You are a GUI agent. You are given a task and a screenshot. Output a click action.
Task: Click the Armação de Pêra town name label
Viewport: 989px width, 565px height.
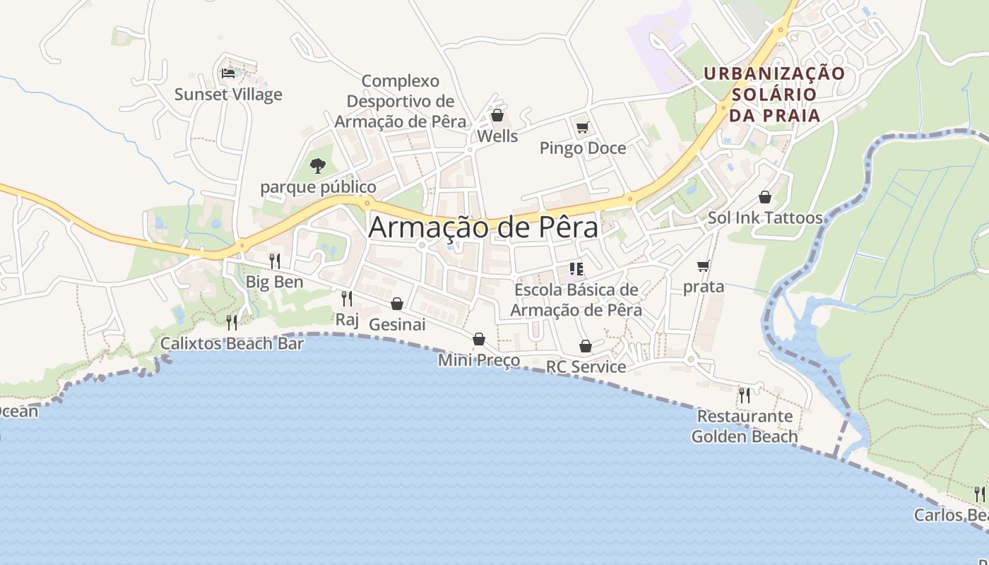tap(483, 227)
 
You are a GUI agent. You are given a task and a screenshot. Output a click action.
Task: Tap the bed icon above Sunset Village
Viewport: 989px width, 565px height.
tap(227, 73)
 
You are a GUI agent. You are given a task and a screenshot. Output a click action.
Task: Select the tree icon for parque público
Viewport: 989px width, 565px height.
tap(318, 166)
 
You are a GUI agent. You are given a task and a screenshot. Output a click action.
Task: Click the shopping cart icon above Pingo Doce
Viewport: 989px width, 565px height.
tap(583, 127)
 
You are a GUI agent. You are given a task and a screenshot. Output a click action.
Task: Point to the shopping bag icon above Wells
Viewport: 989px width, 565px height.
tap(497, 115)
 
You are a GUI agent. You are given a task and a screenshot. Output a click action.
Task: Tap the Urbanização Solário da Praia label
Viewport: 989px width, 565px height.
tap(774, 94)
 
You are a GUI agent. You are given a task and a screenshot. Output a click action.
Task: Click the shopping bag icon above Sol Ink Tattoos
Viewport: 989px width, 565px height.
tap(765, 197)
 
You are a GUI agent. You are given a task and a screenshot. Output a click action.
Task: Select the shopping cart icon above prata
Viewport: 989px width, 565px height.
tap(703, 266)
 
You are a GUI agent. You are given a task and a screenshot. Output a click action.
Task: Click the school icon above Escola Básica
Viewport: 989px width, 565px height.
tap(576, 268)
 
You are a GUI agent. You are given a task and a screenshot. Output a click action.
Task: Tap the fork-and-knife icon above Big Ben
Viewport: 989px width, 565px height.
tap(274, 261)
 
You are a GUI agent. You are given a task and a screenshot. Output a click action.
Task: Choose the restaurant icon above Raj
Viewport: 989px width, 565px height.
tap(346, 298)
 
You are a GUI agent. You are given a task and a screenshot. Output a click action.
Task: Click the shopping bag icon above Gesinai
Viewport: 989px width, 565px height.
tap(397, 304)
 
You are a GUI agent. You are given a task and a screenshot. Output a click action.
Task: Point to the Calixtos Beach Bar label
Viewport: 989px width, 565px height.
tap(232, 344)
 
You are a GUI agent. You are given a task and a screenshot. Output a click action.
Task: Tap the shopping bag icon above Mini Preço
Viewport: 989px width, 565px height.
tap(479, 339)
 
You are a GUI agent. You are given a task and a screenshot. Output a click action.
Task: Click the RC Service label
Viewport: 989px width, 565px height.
tap(586, 367)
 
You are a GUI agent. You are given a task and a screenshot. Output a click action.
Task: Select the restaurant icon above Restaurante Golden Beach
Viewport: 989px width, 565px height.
tap(744, 395)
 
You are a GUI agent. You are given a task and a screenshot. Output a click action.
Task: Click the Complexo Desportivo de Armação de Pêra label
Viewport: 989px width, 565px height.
tap(401, 101)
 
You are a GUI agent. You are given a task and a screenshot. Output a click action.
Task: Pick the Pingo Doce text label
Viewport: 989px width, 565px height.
tap(583, 148)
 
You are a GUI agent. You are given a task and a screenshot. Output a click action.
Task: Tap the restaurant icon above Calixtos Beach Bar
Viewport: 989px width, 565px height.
tap(232, 322)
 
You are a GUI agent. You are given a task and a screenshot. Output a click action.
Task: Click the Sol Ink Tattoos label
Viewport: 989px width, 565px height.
tap(765, 218)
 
